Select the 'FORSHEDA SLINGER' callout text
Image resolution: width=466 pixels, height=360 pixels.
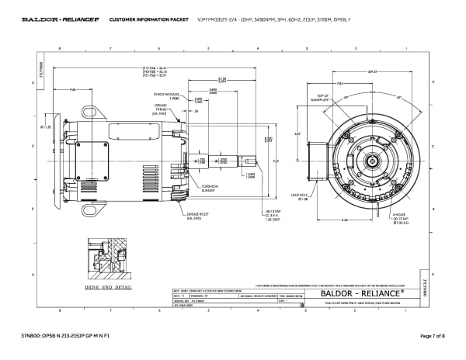coord(207,189)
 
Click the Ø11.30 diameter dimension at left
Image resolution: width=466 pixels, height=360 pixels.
coord(47,126)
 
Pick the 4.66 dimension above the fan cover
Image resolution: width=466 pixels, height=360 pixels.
coord(72,90)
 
